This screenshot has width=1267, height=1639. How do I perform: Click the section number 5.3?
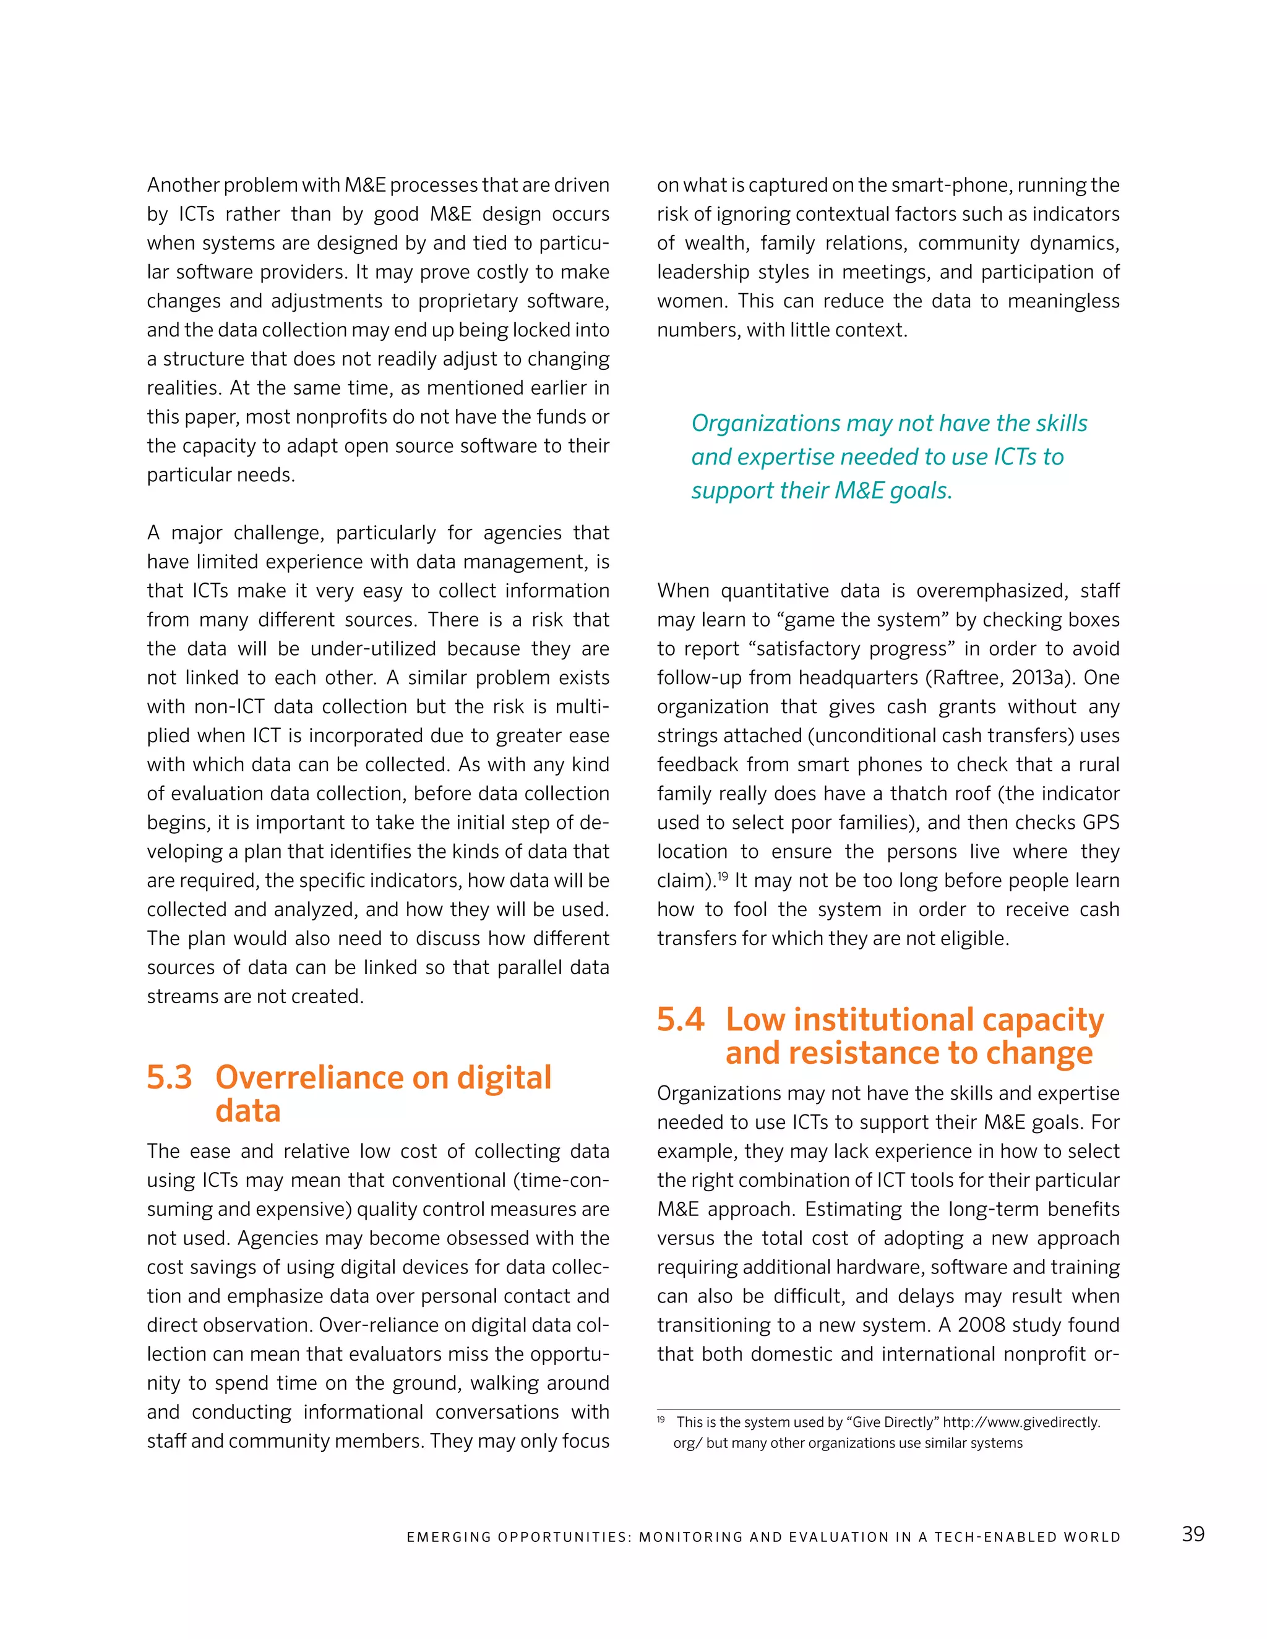(x=170, y=1077)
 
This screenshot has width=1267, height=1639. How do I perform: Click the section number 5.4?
(x=680, y=1019)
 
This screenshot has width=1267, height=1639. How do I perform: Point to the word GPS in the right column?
(x=1101, y=823)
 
